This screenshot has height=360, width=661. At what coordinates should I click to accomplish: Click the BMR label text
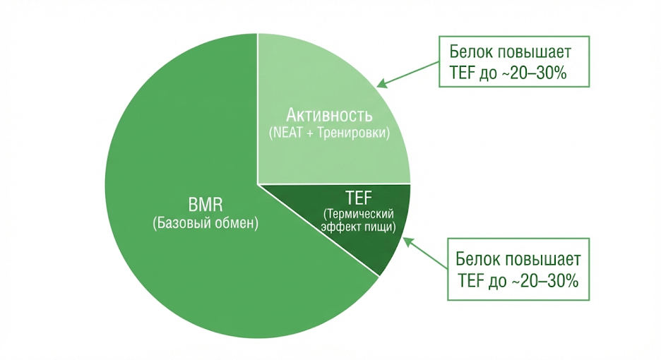coord(206,206)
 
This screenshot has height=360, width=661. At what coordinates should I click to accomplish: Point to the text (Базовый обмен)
coord(206,224)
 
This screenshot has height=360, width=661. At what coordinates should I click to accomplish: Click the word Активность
coord(329,115)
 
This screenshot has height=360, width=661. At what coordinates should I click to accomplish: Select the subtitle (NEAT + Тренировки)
coord(329,132)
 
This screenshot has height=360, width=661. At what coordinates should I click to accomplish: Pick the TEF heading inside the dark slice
coord(358,198)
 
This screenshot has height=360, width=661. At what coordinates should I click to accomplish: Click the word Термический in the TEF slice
coord(358,214)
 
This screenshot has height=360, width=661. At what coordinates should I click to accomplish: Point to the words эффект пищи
coord(358,227)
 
